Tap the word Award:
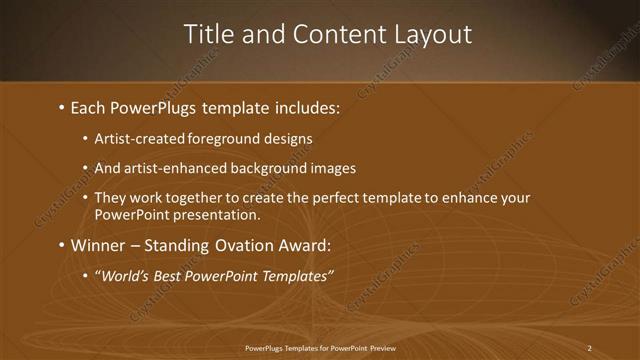pos(307,245)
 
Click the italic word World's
pos(121,276)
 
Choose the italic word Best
pos(167,276)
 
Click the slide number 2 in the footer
pos(590,348)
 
